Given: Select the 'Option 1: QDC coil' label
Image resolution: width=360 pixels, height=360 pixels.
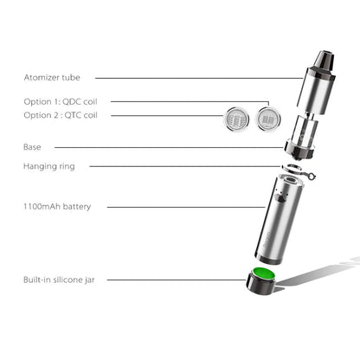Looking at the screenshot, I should (x=61, y=101).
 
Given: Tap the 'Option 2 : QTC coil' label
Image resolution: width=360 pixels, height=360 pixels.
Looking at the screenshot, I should (x=61, y=115).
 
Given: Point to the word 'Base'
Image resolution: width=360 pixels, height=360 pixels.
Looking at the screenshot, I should (x=32, y=147).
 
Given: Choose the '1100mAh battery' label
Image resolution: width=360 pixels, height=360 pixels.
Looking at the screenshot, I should (x=58, y=207).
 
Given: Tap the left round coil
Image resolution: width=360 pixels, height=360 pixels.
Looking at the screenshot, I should (x=235, y=117).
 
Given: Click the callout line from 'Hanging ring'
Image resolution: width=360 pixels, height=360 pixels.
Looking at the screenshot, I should (x=182, y=165).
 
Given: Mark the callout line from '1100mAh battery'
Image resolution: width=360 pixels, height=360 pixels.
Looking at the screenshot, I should (x=190, y=207).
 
